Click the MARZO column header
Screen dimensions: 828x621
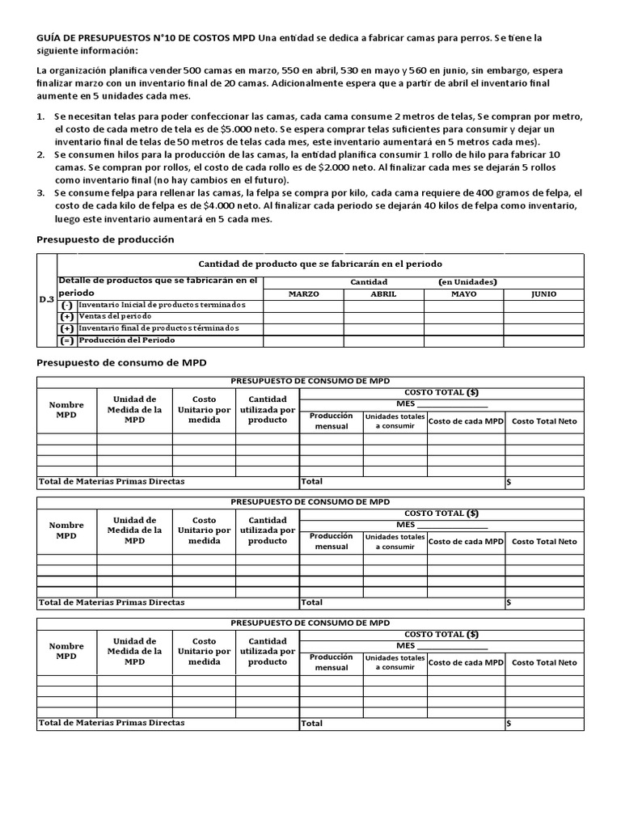[x=304, y=294]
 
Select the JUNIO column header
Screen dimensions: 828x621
[x=543, y=294]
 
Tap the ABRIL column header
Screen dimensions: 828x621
[x=383, y=294]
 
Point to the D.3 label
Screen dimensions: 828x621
[x=47, y=299]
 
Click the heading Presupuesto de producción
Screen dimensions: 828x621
[x=106, y=239]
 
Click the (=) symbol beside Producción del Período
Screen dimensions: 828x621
[x=67, y=340]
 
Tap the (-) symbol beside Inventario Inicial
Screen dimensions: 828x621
[x=67, y=305]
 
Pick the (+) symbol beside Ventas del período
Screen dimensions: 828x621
[x=67, y=317]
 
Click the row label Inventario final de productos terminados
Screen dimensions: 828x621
[x=158, y=328]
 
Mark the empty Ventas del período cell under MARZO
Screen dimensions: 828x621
[x=304, y=317]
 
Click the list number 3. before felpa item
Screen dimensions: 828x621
[x=42, y=193]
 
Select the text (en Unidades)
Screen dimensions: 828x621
[x=467, y=281]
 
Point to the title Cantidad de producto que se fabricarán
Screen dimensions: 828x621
[x=320, y=264]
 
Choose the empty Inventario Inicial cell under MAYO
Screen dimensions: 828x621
[x=463, y=305]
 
